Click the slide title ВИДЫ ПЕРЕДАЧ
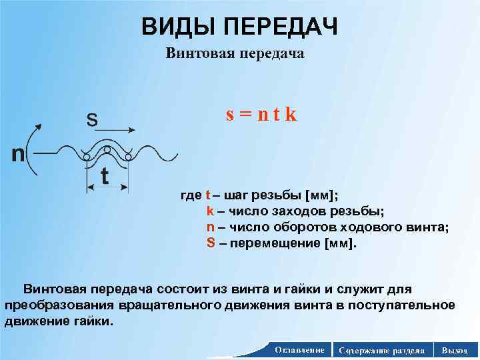pos(239,27)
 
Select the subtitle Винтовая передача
pos(235,54)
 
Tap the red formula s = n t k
pos(261,114)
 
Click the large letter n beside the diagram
pos(18,154)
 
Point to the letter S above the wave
pos(91,121)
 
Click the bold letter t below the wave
pos(105,176)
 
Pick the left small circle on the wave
pos(86,157)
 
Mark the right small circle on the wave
pos(128,157)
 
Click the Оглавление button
pos(299,349)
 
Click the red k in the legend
pos(210,211)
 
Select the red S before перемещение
pos(211,243)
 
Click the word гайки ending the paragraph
pos(95,321)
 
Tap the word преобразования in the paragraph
pos(60,305)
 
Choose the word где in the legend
pos(191,195)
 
